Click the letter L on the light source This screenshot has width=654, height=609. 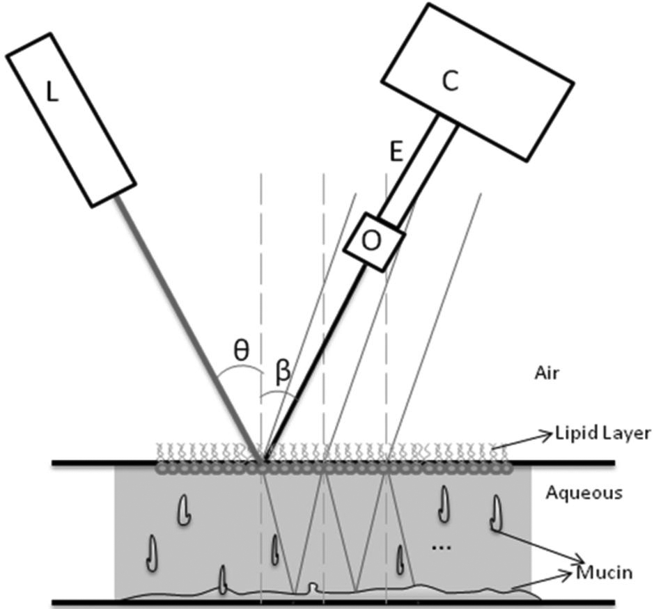pyautogui.click(x=52, y=92)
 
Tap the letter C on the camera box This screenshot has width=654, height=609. pyautogui.click(x=451, y=81)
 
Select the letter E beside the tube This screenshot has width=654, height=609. pyautogui.click(x=396, y=153)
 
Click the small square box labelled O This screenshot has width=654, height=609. pyautogui.click(x=373, y=241)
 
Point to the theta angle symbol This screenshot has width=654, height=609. pyautogui.click(x=241, y=349)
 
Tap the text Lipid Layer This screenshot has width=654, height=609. pyautogui.click(x=602, y=434)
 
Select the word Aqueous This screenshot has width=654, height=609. pyautogui.click(x=584, y=493)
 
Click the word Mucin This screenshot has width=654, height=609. pyautogui.click(x=604, y=573)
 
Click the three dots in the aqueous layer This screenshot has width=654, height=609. pyautogui.click(x=442, y=548)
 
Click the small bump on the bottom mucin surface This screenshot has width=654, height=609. pyautogui.click(x=313, y=589)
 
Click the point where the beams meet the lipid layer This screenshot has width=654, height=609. pyautogui.click(x=263, y=461)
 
